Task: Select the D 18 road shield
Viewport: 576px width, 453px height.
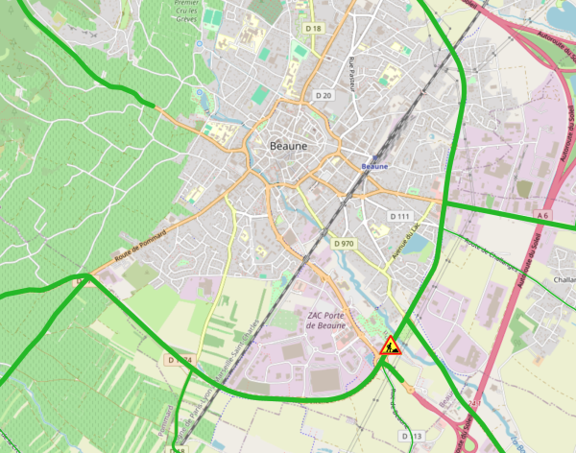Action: coord(312,29)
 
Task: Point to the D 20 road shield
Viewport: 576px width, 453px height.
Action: coord(323,95)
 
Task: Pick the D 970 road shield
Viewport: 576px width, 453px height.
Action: coord(344,244)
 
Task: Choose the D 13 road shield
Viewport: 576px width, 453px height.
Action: coord(411,436)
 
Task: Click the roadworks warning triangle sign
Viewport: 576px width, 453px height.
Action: coord(390,346)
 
